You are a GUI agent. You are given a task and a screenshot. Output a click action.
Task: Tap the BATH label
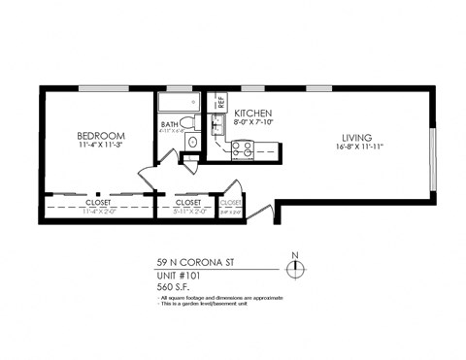170,123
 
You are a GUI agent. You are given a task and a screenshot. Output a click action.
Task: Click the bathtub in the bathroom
179,103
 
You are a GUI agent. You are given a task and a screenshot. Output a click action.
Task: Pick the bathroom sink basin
191,142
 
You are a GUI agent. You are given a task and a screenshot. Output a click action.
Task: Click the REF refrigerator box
219,101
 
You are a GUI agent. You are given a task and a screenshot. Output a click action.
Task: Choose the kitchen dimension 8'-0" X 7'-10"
254,123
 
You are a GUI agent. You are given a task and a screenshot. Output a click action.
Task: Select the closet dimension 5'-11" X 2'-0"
188,211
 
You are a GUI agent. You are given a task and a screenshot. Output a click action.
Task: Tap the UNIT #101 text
183,276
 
